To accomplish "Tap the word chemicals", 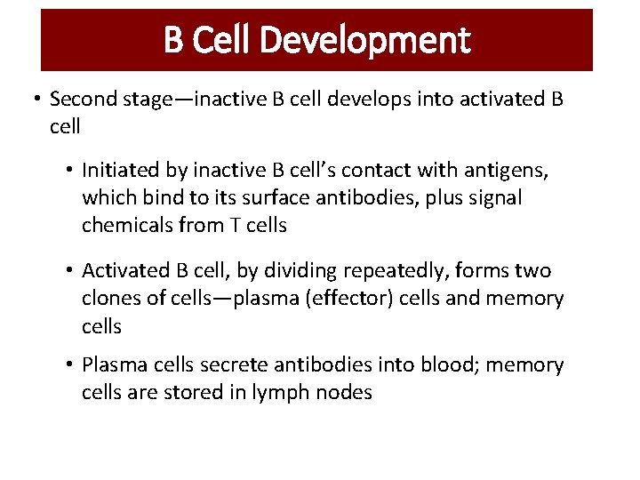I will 126,225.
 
